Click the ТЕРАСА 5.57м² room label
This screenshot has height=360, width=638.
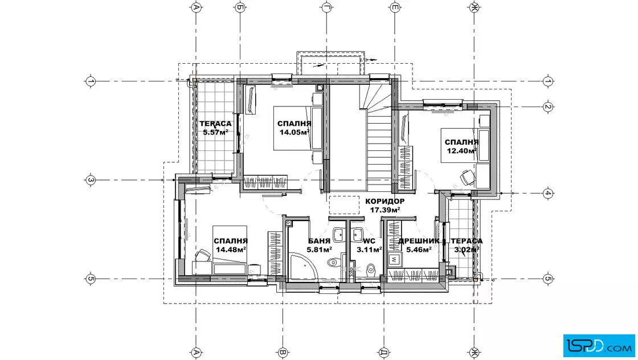pyautogui.click(x=215, y=128)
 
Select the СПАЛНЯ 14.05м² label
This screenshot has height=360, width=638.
pyautogui.click(x=294, y=128)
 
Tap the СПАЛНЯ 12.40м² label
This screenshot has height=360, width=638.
pyautogui.click(x=461, y=146)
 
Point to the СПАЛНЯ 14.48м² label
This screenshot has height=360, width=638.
pyautogui.click(x=231, y=246)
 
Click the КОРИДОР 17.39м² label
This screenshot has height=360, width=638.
pyautogui.click(x=385, y=206)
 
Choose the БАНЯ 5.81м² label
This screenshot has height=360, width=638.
pyautogui.click(x=319, y=246)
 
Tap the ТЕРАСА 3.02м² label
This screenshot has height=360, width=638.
pyautogui.click(x=467, y=246)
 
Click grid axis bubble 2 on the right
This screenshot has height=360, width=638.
pyautogui.click(x=547, y=107)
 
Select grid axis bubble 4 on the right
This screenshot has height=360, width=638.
pyautogui.click(x=547, y=193)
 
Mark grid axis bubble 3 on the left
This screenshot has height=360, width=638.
pyautogui.click(x=91, y=180)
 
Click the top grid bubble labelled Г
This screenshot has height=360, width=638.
pyautogui.click(x=327, y=7)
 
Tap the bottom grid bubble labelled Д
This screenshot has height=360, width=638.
pyautogui.click(x=383, y=352)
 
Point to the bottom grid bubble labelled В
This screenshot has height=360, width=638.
pyautogui.click(x=283, y=352)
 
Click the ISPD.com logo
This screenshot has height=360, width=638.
pyautogui.click(x=599, y=345)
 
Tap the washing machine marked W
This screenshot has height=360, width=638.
pyautogui.click(x=394, y=258)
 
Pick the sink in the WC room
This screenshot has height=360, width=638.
pyautogui.click(x=357, y=235)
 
